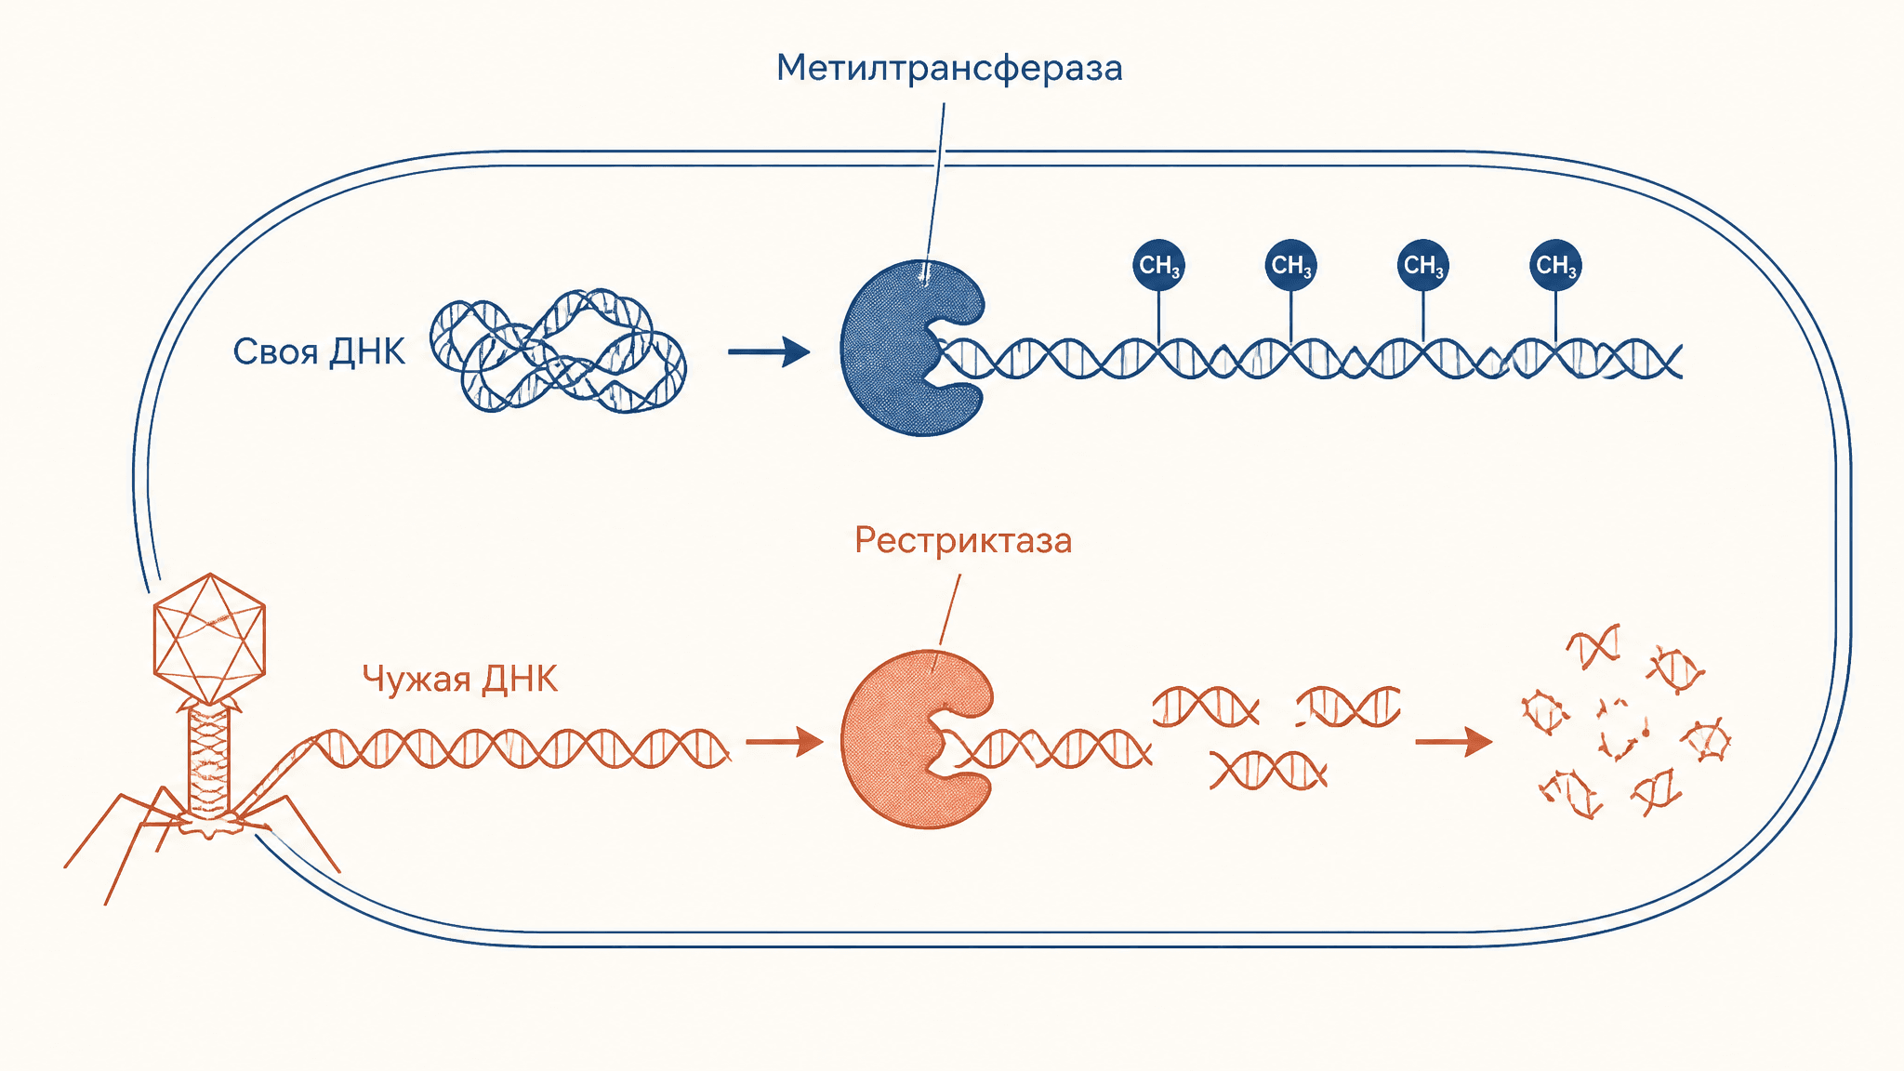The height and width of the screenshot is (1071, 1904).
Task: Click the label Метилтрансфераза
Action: pyautogui.click(x=949, y=69)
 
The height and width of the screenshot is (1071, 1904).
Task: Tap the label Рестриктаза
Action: pyautogui.click(x=963, y=541)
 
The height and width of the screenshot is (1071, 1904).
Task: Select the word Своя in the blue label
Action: pyautogui.click(x=275, y=352)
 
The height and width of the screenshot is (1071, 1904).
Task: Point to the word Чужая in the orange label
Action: pyautogui.click(x=416, y=680)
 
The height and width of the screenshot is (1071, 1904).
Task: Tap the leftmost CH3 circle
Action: pyautogui.click(x=1158, y=265)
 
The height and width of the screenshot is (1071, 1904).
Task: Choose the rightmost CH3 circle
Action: pyautogui.click(x=1555, y=265)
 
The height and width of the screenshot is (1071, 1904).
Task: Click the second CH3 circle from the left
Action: pyautogui.click(x=1290, y=265)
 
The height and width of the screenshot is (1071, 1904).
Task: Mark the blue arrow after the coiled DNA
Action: pyautogui.click(x=769, y=351)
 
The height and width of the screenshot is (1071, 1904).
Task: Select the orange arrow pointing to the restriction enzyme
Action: pyautogui.click(x=785, y=742)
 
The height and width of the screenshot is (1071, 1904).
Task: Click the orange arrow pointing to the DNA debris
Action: pyautogui.click(x=1454, y=742)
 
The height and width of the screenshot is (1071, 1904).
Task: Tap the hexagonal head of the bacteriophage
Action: pyautogui.click(x=209, y=639)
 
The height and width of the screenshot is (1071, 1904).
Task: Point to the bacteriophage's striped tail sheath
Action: pyautogui.click(x=208, y=760)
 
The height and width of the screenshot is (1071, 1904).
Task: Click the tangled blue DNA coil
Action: pyautogui.click(x=558, y=350)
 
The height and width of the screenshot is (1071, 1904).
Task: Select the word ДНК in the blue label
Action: pyautogui.click(x=368, y=352)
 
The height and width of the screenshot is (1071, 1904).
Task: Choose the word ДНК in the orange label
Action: pyautogui.click(x=521, y=680)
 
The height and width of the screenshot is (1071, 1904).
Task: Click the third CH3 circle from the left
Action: pyautogui.click(x=1422, y=265)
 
